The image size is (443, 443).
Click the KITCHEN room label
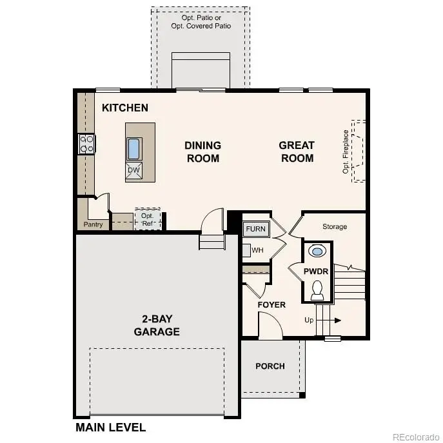[x=125, y=108]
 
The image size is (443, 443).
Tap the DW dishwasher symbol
[x=133, y=170]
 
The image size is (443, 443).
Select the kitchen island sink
[x=134, y=149]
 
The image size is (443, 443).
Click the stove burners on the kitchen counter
[x=86, y=144]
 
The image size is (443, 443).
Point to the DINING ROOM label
[x=202, y=152]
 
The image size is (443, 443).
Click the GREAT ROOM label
[x=297, y=152]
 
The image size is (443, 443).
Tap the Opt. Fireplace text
[x=346, y=152]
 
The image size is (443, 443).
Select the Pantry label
[x=93, y=225]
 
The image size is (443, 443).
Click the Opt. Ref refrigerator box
[x=148, y=219]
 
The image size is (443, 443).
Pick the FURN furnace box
[x=255, y=230]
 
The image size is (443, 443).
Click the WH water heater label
[x=257, y=250]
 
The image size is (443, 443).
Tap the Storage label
[x=335, y=227]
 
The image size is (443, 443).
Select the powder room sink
[x=317, y=251]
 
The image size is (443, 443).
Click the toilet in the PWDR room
[x=317, y=290]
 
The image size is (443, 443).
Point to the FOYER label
[x=271, y=304]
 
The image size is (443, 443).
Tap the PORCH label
[x=270, y=366]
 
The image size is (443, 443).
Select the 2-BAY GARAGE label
[x=157, y=326]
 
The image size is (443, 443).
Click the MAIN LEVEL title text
[x=110, y=427]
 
